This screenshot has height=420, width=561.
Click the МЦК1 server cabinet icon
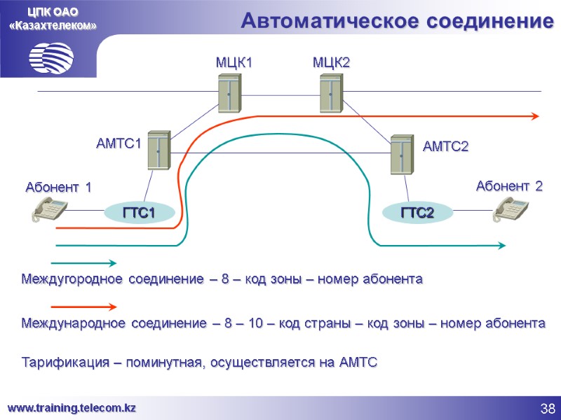229,94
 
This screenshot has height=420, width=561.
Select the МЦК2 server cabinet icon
330,94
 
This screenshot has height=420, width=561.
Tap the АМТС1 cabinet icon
159,149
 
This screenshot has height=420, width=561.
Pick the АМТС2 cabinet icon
403,154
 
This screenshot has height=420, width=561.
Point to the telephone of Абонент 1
50,209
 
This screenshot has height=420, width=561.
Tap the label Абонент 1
58,187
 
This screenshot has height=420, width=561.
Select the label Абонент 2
509,185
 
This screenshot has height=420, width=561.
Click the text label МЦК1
233,63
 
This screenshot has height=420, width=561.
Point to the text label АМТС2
445,146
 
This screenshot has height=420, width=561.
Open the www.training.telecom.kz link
72,407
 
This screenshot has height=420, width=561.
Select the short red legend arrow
84,306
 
